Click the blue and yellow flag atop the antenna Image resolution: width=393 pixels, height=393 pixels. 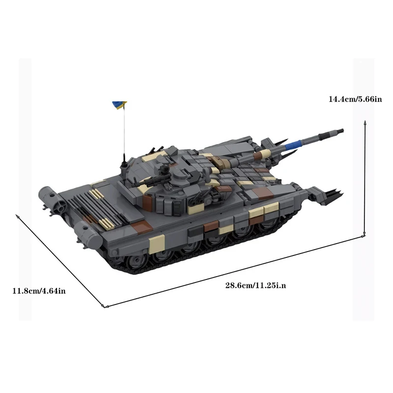[x=119, y=104]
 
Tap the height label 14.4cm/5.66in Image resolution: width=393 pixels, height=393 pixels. [x=355, y=99]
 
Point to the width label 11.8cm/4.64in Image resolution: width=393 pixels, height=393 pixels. [x=39, y=291]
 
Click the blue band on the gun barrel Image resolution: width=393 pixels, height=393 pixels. [x=295, y=143]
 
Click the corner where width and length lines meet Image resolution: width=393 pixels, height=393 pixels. [x=104, y=307]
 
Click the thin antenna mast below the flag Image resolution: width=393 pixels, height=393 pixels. [x=124, y=133]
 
